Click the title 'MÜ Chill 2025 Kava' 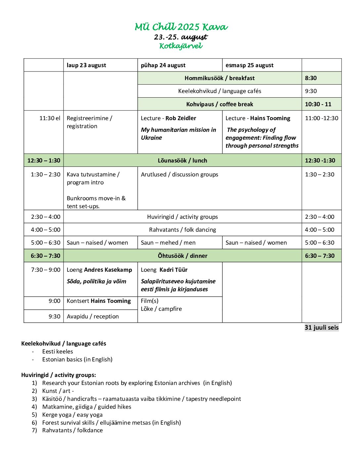click(181, 27)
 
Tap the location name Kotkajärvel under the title click(181, 46)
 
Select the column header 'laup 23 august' click(86, 65)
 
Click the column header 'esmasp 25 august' click(249, 65)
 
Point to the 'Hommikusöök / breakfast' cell click(219, 78)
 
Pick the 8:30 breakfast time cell click(311, 78)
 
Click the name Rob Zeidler click(181, 118)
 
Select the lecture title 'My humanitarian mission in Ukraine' click(178, 134)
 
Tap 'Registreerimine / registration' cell click(89, 122)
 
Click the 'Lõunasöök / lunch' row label click(182, 161)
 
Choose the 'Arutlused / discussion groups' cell click(179, 174)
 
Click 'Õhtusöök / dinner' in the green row click(182, 256)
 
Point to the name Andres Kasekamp click(108, 270)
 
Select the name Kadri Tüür click(173, 270)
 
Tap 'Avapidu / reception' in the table click(93, 316)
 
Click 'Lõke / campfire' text click(161, 309)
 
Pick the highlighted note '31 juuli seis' click(321, 327)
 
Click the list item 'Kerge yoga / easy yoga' click(72, 415)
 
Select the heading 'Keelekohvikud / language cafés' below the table click(64, 344)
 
